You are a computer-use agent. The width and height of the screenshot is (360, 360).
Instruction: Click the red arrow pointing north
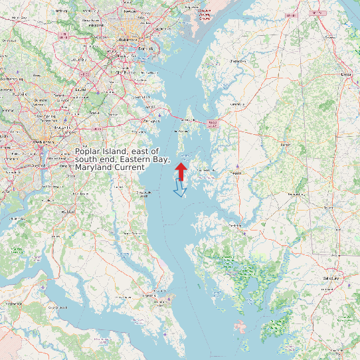(180, 170)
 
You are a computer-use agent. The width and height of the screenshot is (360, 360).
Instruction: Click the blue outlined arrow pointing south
(179, 189)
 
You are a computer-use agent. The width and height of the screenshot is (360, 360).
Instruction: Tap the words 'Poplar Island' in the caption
(103, 152)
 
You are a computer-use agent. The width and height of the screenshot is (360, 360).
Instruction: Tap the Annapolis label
(151, 121)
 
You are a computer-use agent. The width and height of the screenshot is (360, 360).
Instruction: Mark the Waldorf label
(68, 212)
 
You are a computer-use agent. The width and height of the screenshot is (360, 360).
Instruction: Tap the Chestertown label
(237, 61)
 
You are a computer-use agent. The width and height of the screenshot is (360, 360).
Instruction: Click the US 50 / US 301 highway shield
(212, 124)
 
